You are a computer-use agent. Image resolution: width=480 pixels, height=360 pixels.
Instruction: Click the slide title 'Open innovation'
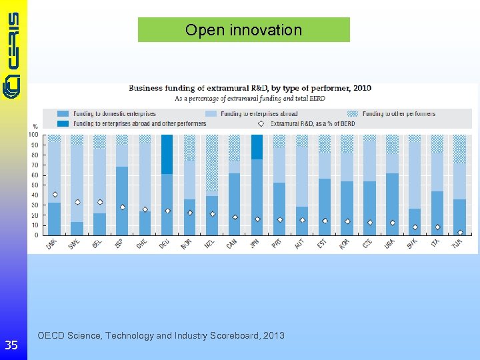(x=243, y=30)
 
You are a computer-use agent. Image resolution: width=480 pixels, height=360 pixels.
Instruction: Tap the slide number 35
(x=11, y=345)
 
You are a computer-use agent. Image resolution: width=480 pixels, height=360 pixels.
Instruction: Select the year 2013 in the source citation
(x=273, y=335)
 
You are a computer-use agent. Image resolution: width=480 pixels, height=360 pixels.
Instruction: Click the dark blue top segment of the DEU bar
(x=167, y=153)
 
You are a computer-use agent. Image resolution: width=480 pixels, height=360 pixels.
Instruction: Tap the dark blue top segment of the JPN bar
(x=257, y=146)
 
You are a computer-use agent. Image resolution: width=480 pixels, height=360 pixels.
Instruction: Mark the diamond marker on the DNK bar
(x=55, y=195)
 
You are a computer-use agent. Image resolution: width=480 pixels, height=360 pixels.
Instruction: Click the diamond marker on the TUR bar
(x=460, y=233)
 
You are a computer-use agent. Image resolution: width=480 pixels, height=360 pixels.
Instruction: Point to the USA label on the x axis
(x=389, y=245)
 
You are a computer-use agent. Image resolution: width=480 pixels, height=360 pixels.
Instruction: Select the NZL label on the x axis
(x=209, y=245)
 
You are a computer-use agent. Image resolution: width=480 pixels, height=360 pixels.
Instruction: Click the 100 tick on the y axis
(x=33, y=135)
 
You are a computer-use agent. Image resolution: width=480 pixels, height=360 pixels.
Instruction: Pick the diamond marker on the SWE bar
(x=77, y=202)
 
